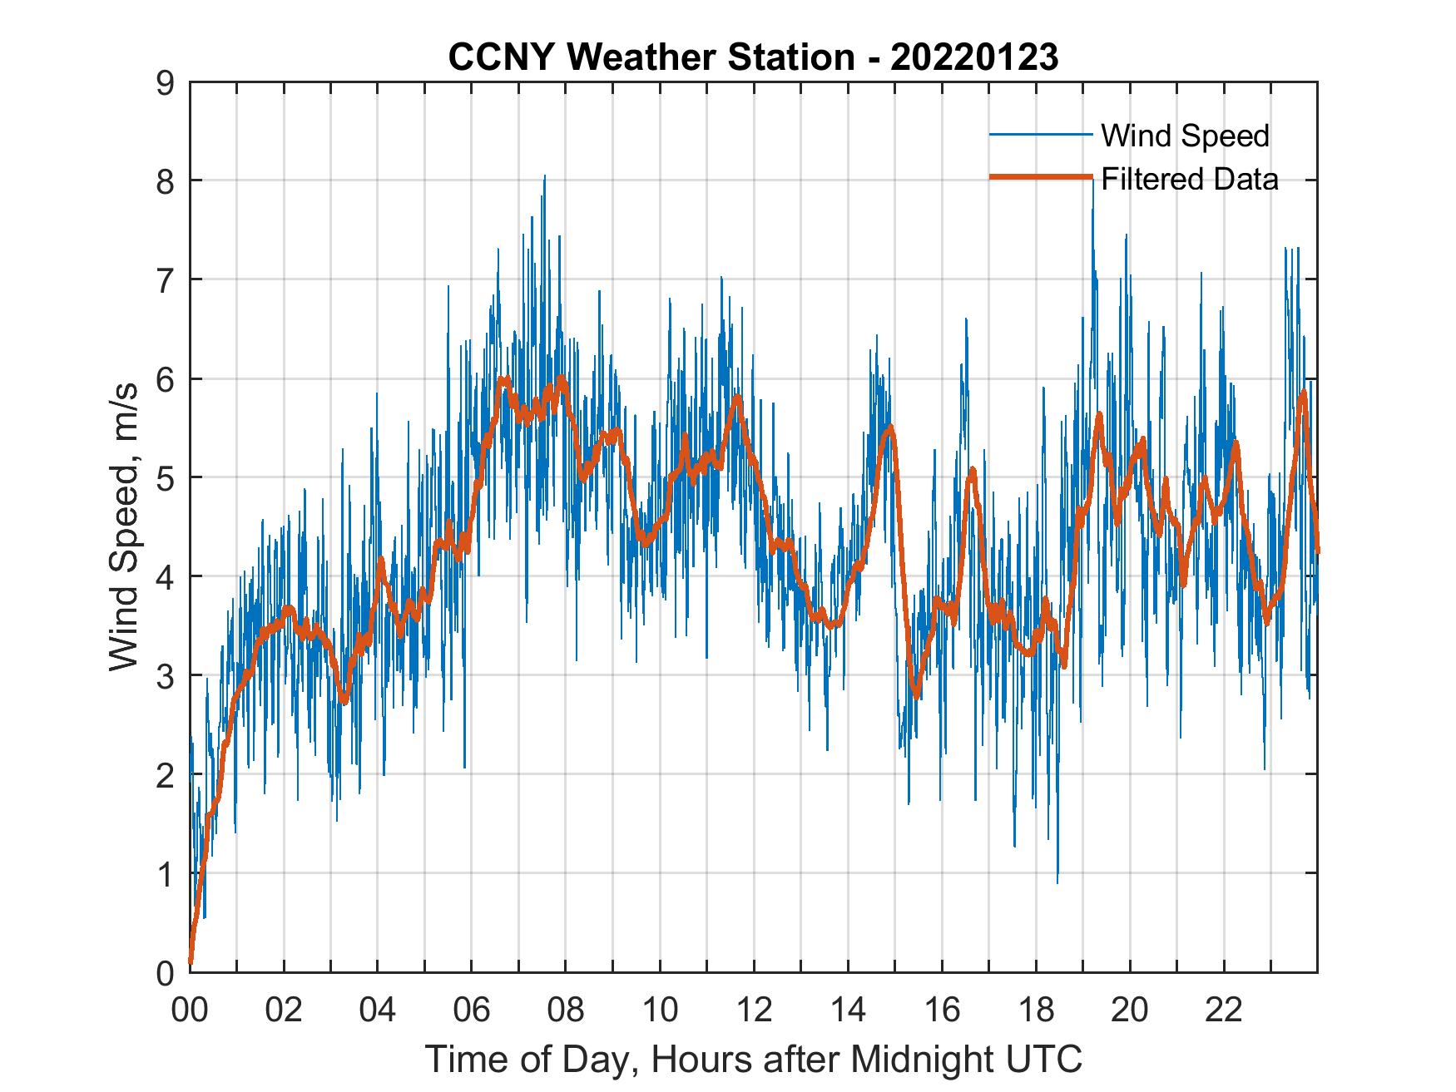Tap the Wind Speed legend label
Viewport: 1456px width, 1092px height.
point(1185,136)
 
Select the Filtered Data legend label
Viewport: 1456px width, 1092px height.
point(1189,179)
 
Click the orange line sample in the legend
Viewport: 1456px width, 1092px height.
point(1040,177)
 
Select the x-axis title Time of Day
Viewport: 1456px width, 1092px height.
point(754,1060)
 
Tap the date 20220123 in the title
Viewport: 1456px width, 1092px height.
point(974,57)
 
